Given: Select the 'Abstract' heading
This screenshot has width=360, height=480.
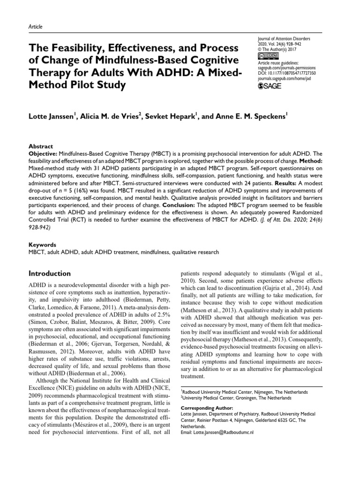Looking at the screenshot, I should pos(40,146).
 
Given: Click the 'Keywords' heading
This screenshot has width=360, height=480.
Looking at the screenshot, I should pos(42,245).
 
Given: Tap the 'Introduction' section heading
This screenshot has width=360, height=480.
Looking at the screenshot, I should pos(50,273).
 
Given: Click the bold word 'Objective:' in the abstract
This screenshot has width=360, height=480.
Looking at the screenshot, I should pos(45,153).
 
